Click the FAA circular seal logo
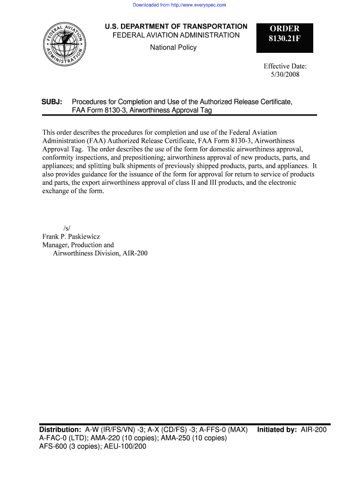click(x=65, y=44)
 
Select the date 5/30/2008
click(x=285, y=74)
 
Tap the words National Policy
click(x=173, y=47)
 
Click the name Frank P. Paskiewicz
click(x=71, y=236)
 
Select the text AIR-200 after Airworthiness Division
click(x=135, y=254)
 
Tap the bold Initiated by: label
click(x=277, y=429)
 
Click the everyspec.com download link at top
click(x=180, y=5)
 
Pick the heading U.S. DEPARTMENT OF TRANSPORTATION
click(x=176, y=27)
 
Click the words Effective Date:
click(x=285, y=66)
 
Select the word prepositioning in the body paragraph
click(x=139, y=158)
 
